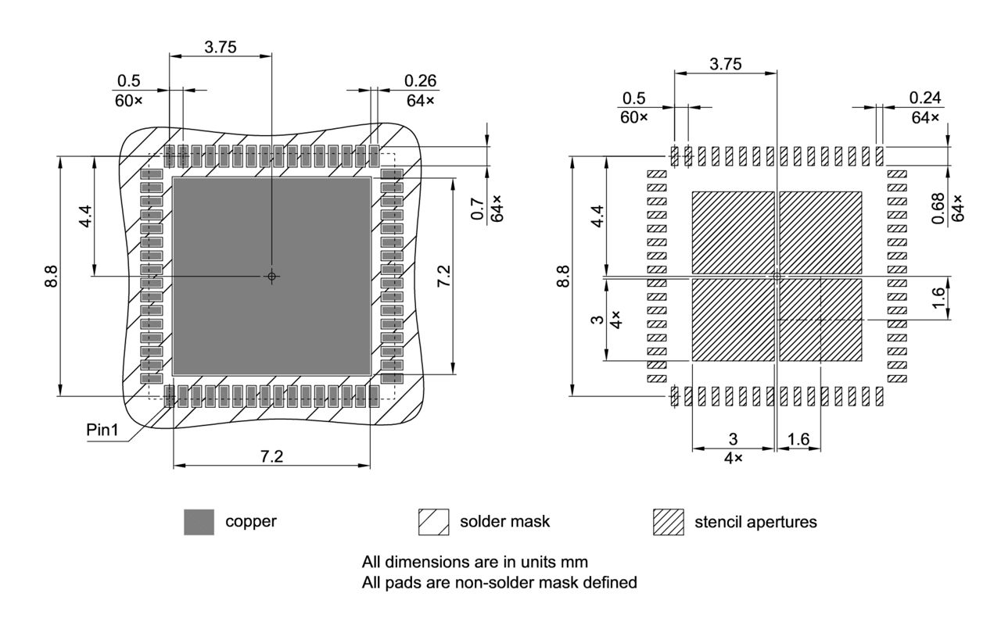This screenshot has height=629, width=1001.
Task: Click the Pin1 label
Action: click(x=102, y=431)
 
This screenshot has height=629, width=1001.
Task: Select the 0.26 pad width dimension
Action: click(x=421, y=81)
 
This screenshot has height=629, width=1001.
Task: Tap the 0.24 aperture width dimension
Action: click(x=925, y=98)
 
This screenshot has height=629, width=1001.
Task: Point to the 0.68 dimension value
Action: click(x=938, y=208)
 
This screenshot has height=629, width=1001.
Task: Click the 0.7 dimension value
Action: click(x=477, y=210)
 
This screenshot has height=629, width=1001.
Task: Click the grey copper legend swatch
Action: click(x=199, y=522)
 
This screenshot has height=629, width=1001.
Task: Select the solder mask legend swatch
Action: click(x=433, y=522)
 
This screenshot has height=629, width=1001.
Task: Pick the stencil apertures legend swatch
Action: click(x=668, y=522)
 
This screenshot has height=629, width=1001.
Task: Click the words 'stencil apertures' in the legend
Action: click(x=755, y=522)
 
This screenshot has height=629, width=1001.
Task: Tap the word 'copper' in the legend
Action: click(x=251, y=521)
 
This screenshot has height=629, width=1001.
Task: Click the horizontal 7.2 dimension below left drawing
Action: click(x=271, y=456)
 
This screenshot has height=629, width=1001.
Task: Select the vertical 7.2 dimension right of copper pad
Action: click(x=443, y=277)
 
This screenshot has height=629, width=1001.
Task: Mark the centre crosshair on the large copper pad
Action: click(x=271, y=276)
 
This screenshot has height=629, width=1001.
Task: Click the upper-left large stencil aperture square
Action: click(x=733, y=232)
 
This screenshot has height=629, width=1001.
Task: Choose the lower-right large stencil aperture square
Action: click(x=820, y=320)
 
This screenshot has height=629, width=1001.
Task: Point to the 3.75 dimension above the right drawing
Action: click(x=725, y=64)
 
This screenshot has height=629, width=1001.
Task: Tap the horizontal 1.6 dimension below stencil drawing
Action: click(x=798, y=440)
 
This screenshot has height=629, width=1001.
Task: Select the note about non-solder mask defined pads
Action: click(x=500, y=582)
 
